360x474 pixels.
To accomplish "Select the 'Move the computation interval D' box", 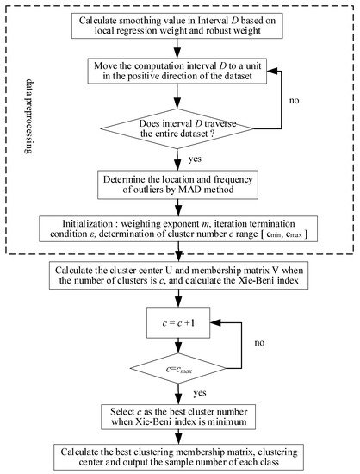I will (x=179, y=73).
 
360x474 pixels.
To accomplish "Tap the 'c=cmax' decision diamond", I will (x=179, y=373).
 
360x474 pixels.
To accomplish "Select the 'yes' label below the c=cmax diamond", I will (x=193, y=393).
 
